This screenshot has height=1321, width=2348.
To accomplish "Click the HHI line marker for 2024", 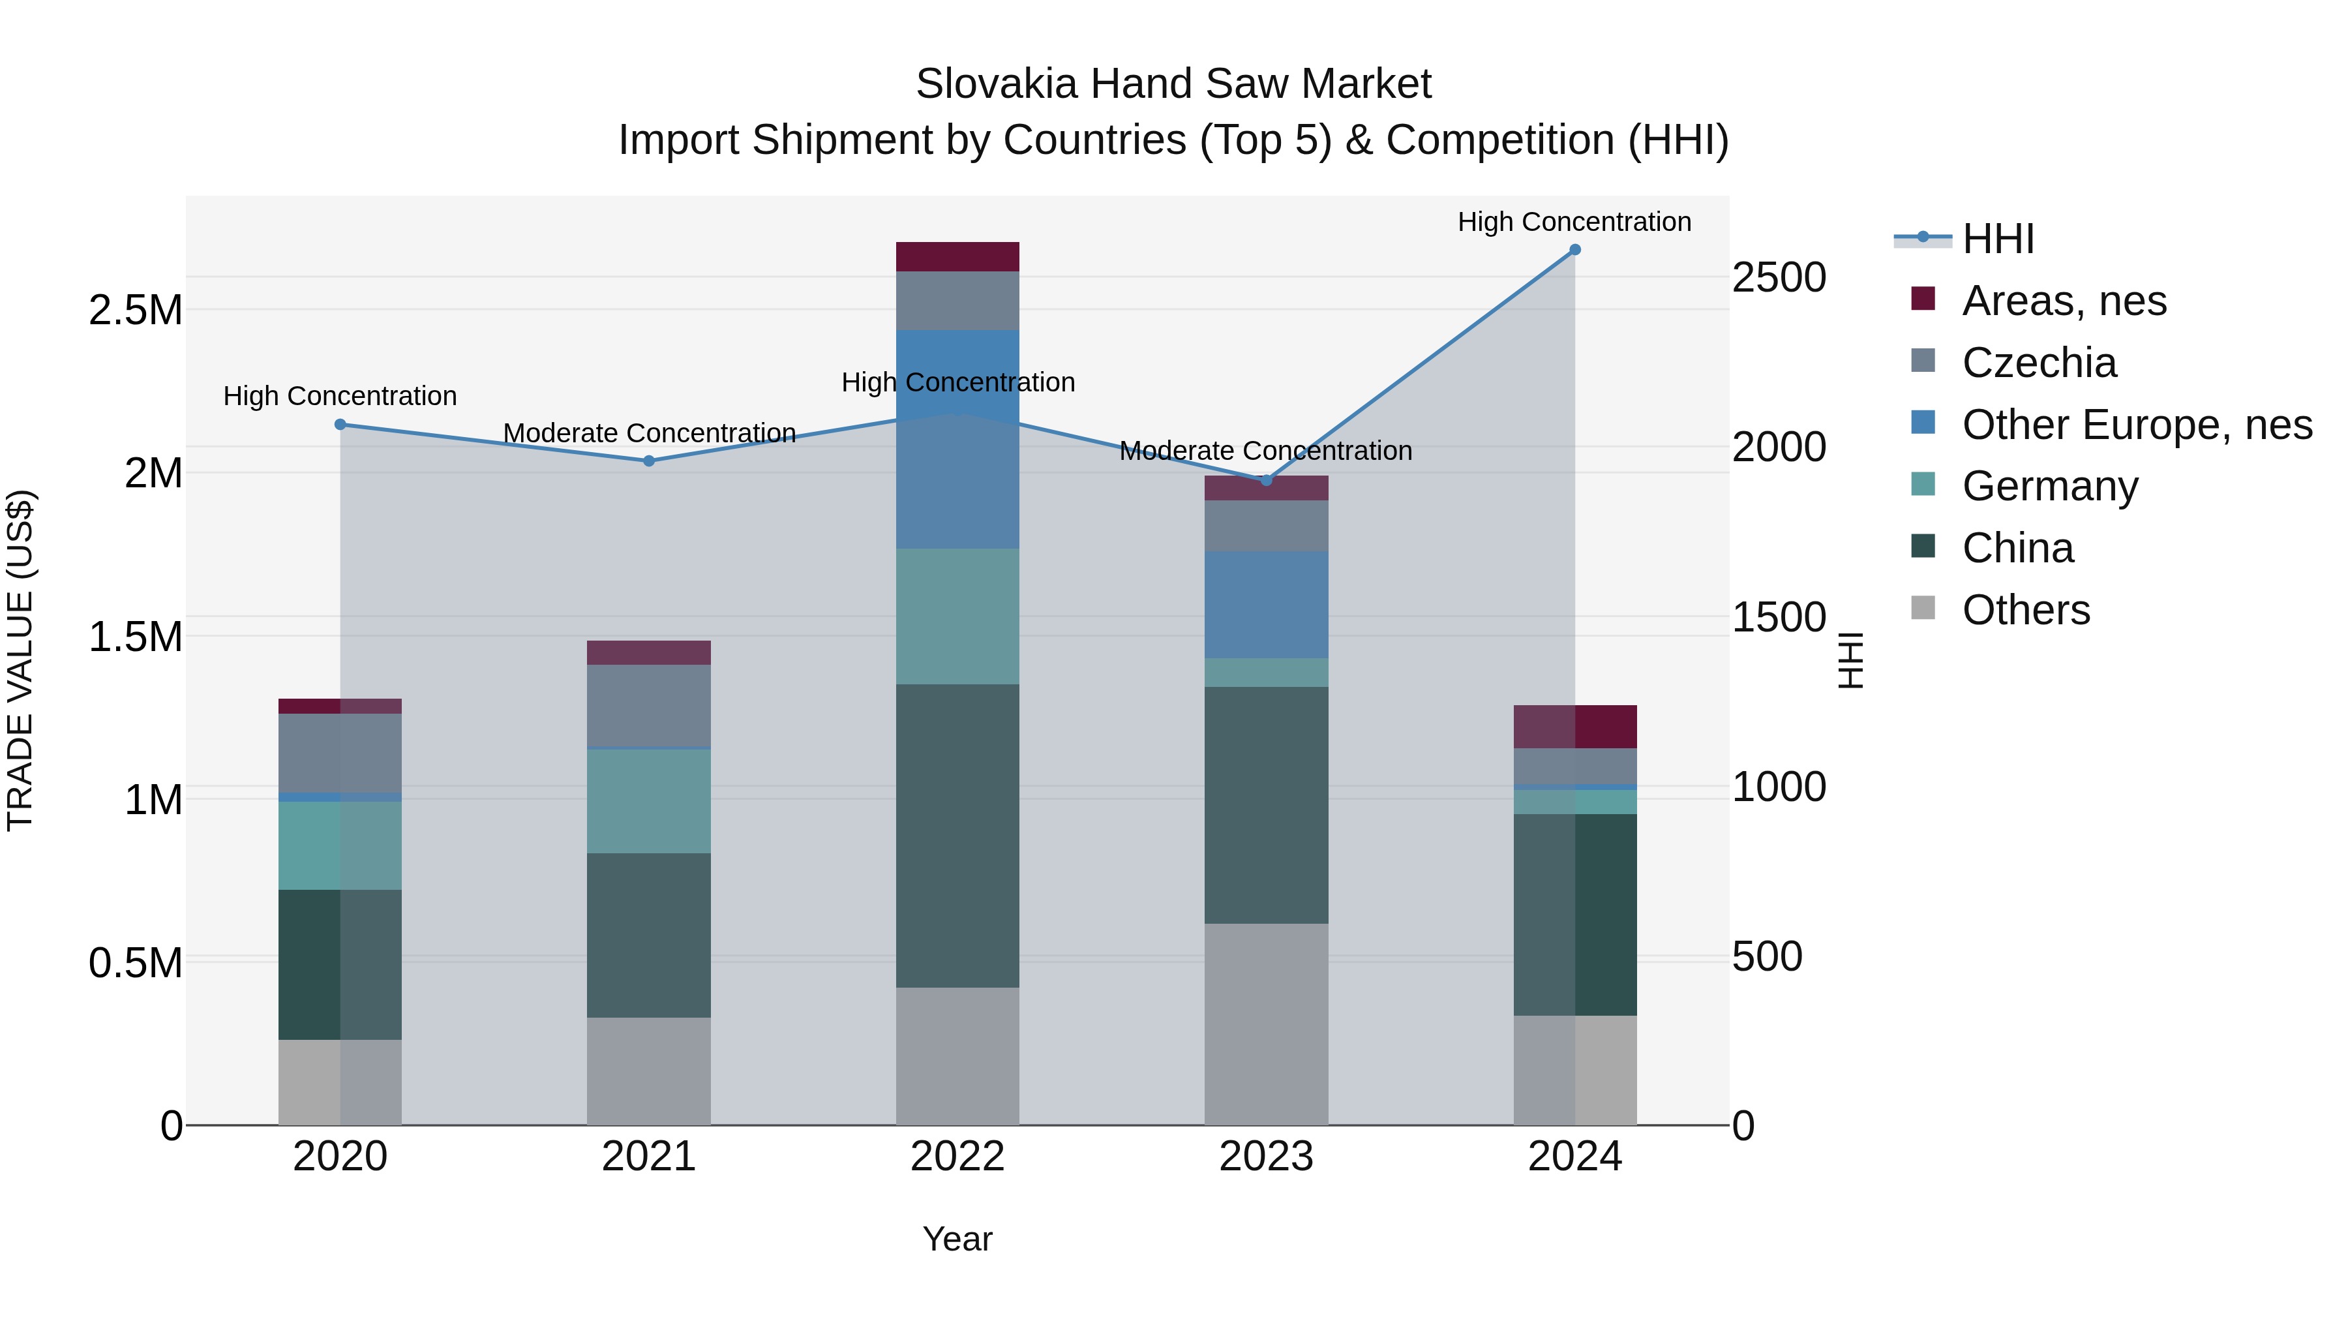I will [x=1574, y=250].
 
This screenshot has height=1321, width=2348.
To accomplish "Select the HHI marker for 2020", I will [x=340, y=424].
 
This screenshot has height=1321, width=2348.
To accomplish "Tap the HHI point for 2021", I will [x=649, y=461].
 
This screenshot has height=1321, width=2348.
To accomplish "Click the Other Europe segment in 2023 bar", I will [x=1266, y=605].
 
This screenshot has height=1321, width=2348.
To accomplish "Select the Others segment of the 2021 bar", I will [x=649, y=1070].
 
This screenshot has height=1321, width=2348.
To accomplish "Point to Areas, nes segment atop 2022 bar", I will [x=957, y=256].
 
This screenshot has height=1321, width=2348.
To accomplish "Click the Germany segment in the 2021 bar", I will [x=649, y=800].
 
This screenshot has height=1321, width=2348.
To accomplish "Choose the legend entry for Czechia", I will [x=2038, y=363].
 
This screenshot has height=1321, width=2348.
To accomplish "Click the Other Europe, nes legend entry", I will [x=2137, y=425].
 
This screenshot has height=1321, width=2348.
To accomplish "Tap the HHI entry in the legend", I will [x=1997, y=239].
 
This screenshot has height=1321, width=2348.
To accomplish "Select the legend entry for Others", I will [x=2025, y=610].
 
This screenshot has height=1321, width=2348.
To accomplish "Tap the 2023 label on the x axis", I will [x=1266, y=1157].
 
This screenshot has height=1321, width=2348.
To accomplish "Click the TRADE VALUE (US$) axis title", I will [x=20, y=660].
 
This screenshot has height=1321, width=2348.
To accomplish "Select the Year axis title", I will [x=957, y=1239].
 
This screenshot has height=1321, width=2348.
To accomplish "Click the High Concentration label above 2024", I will [x=1574, y=222].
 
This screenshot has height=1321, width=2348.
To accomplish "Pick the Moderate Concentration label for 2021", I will [x=649, y=433].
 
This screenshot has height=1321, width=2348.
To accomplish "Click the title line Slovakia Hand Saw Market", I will [x=1173, y=84].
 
